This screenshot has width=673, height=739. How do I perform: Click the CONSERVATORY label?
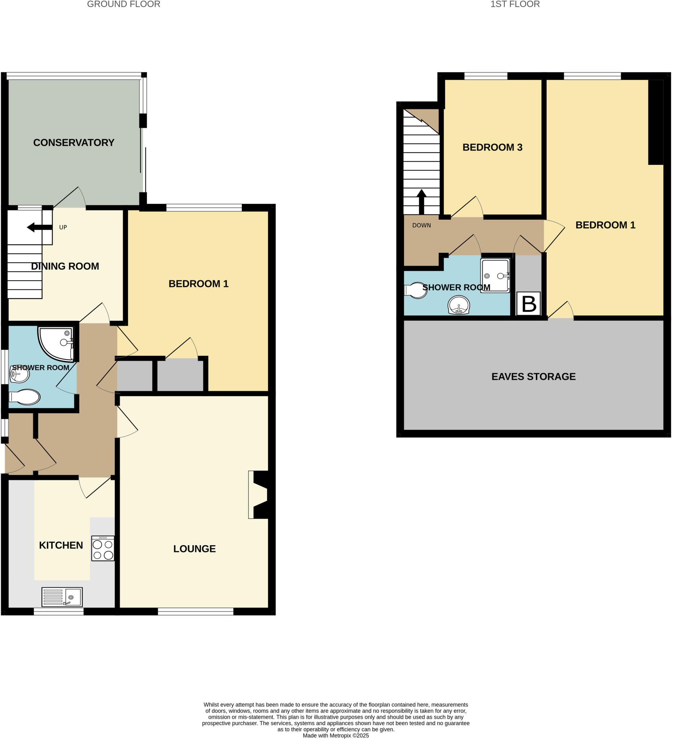74,143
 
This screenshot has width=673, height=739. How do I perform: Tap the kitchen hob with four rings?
103,548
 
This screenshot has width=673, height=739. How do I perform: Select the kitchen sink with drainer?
62,597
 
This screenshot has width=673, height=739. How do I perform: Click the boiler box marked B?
528,303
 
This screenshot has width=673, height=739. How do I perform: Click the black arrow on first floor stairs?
421,201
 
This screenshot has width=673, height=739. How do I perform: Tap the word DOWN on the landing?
421,226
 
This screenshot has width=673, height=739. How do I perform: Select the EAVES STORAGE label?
533,376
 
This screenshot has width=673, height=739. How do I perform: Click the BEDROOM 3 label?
492,147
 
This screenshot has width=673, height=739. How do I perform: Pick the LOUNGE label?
194,549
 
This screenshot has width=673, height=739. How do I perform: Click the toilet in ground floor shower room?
25,397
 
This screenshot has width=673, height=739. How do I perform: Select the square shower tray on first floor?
495,275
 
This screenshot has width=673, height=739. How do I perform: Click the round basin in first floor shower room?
459,305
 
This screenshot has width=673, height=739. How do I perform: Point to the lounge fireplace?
260,494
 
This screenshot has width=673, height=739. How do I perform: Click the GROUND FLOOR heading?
123,4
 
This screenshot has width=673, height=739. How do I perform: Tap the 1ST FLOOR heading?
515,4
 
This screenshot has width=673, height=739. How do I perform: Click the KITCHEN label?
61,546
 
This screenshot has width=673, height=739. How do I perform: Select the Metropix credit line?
336,735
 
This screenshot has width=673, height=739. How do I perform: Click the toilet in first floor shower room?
416,290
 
